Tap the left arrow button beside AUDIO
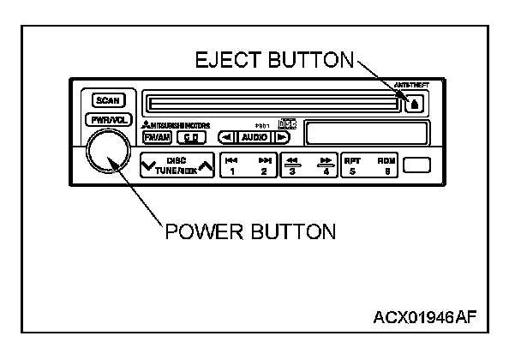tap(225, 137)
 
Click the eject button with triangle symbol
tap(416, 105)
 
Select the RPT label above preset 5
tap(352, 159)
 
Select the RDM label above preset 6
tap(386, 159)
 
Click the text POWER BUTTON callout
tap(249, 231)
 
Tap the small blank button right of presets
tap(417, 165)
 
